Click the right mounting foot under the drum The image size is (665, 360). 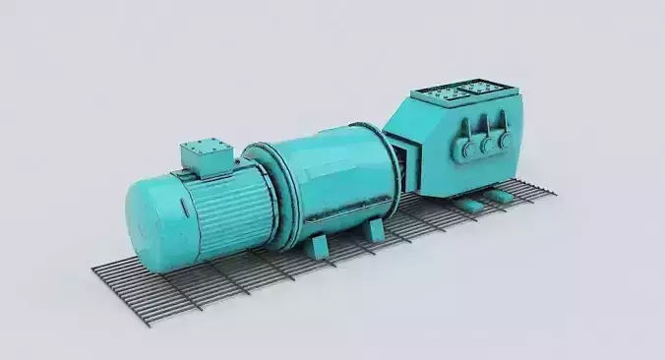(x=374, y=229)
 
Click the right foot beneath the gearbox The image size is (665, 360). (x=504, y=196)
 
